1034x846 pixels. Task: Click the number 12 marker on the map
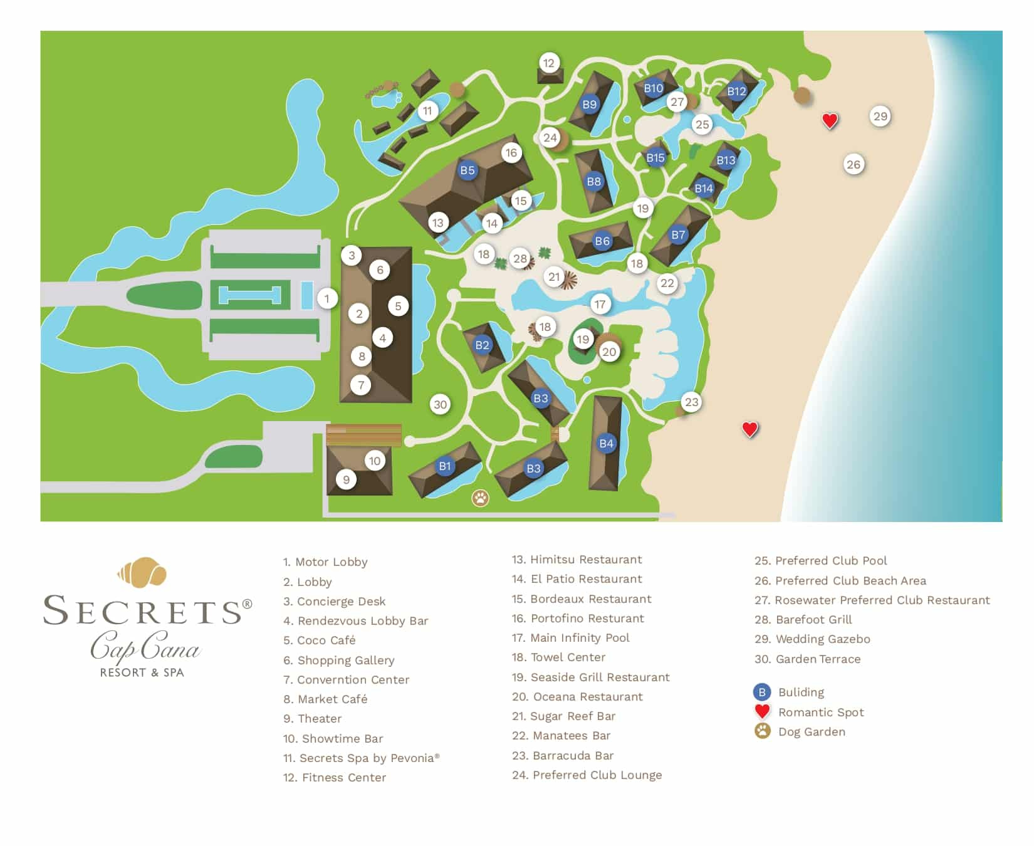pos(549,63)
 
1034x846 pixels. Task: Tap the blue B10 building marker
pos(654,88)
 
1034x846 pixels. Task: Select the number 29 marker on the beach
pos(880,116)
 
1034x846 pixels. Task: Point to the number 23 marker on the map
pos(691,402)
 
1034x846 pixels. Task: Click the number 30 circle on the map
pos(441,404)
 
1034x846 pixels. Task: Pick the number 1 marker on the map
pos(326,298)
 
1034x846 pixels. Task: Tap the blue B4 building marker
pos(606,444)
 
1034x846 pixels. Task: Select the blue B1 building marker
pos(445,466)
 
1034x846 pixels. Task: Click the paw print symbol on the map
pos(481,498)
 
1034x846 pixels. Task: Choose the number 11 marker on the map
pos(427,111)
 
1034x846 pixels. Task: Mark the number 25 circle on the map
pos(702,124)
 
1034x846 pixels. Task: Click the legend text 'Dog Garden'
pos(812,731)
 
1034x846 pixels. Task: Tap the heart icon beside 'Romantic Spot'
pos(762,711)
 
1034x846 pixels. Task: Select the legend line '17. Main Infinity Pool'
pos(570,637)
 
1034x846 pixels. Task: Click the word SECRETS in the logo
pos(142,610)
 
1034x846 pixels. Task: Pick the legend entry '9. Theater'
pos(312,718)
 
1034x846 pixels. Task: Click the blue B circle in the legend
pos(762,692)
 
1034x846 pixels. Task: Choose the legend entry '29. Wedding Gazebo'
pos(812,639)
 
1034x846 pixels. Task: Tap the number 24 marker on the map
pos(550,138)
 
